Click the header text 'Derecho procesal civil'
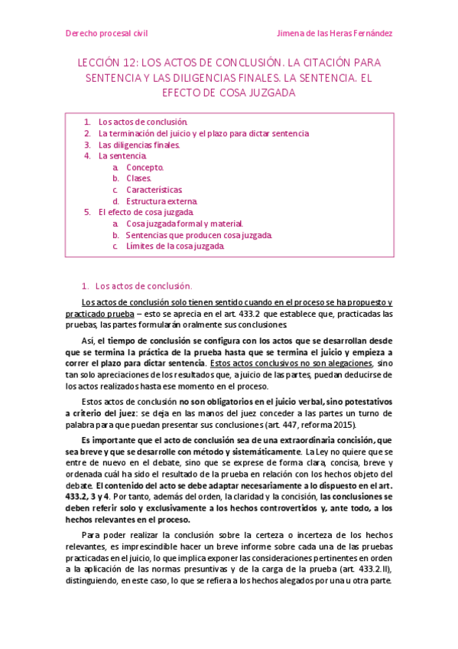106,34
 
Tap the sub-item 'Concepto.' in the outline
145,167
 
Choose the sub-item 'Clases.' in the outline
139,178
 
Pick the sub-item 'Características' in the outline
154,190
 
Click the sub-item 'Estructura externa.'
161,201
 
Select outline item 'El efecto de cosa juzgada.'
146,212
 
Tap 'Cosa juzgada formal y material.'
184,223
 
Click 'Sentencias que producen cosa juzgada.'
198,235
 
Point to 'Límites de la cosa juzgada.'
175,246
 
